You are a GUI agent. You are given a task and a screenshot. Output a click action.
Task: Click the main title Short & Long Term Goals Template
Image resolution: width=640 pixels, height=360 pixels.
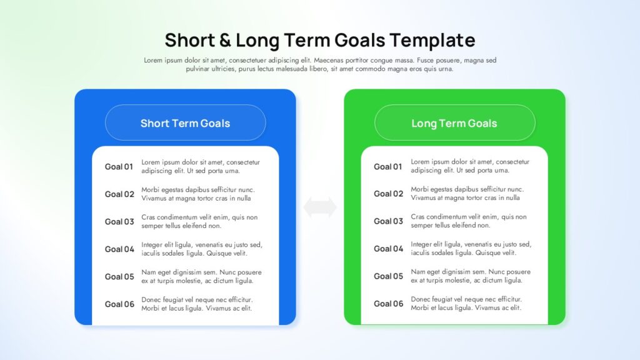click(x=320, y=41)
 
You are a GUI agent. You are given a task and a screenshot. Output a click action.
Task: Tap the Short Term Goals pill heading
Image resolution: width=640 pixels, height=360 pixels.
click(x=185, y=123)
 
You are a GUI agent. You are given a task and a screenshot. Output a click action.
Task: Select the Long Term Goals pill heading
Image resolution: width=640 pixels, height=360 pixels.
click(x=454, y=123)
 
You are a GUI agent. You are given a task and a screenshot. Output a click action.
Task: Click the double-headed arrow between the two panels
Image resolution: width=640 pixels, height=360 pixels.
click(x=320, y=207)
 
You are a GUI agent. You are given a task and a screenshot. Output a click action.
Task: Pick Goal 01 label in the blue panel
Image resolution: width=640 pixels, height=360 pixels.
click(x=119, y=166)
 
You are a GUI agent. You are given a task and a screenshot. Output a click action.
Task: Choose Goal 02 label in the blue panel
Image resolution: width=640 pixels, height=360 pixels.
click(x=119, y=194)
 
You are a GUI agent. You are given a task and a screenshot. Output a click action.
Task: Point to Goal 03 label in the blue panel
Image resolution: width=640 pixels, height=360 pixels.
click(x=119, y=222)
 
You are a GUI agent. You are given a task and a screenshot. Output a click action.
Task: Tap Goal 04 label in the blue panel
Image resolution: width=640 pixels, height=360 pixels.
click(x=119, y=249)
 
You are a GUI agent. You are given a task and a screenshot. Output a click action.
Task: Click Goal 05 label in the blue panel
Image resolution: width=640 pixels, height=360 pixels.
click(x=119, y=277)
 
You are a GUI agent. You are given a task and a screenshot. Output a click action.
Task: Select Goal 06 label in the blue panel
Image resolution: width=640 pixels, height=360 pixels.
click(x=119, y=304)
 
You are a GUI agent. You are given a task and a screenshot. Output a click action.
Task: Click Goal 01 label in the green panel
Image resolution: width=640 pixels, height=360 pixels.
click(x=387, y=166)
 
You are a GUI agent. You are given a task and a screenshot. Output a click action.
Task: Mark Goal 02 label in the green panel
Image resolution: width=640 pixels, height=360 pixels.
click(x=388, y=194)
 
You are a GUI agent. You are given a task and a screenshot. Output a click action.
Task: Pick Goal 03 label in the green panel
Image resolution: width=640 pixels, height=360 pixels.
click(x=388, y=221)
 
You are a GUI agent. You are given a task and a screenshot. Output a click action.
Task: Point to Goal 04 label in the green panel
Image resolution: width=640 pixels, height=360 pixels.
click(x=388, y=249)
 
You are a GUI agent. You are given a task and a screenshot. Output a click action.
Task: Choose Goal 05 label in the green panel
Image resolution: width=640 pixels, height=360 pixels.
click(x=388, y=276)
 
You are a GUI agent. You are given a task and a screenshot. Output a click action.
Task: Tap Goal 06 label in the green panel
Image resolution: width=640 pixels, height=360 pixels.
click(x=388, y=304)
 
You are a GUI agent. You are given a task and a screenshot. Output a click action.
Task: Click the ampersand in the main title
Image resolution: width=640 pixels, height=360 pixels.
click(x=225, y=41)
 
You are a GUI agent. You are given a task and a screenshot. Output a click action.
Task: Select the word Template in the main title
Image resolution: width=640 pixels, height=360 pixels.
click(x=432, y=41)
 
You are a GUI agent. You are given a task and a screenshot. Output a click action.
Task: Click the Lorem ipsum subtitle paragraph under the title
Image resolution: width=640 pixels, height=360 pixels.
click(x=320, y=64)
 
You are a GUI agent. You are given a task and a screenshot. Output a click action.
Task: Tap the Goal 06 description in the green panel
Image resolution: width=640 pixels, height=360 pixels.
click(x=466, y=303)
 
